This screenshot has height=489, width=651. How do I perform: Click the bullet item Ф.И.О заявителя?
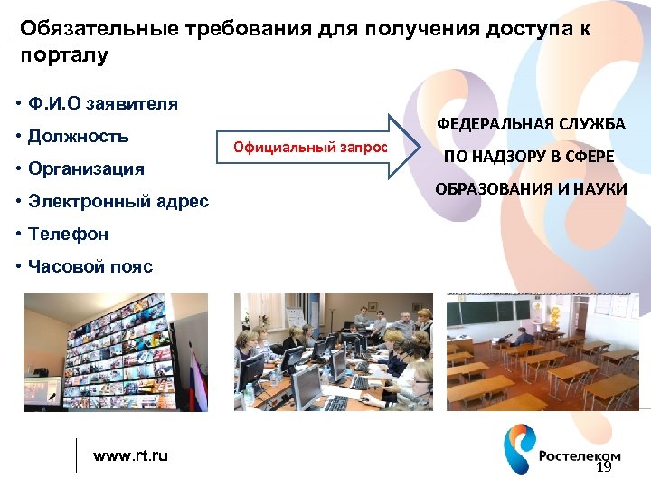tap(102, 103)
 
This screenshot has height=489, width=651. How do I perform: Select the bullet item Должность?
tap(78, 137)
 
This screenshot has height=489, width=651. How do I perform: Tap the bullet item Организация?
tap(86, 169)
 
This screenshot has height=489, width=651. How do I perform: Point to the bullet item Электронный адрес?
tap(118, 201)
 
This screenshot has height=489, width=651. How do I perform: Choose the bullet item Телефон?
tap(68, 234)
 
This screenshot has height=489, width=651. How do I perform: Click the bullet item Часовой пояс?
tap(90, 266)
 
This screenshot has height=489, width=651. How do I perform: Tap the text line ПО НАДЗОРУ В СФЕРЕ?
tap(528, 157)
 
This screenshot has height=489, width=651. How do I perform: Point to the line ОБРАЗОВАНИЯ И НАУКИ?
tap(531, 189)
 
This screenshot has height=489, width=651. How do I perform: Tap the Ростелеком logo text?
tap(580, 456)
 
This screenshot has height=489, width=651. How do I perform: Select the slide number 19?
tap(604, 467)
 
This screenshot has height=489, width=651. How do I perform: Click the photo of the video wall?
tap(116, 351)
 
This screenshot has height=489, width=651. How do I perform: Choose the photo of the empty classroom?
tap(542, 351)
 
